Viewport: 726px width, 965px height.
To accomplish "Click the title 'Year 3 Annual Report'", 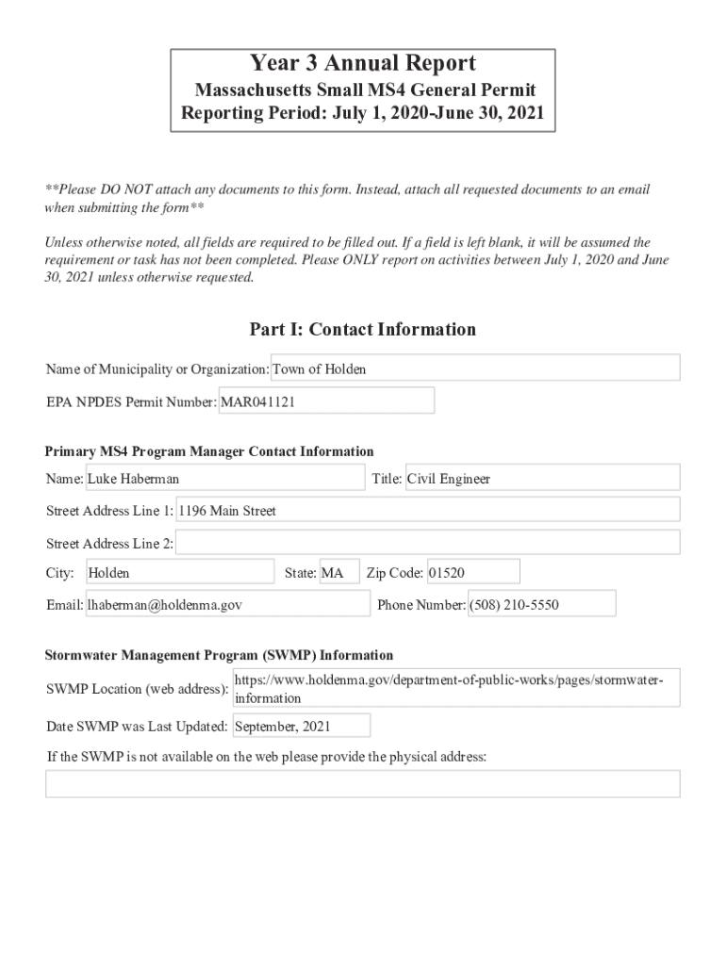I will tap(362, 64).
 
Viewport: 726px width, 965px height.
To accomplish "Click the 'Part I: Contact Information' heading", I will tap(362, 329).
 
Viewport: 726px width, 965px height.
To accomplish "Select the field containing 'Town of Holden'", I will tap(475, 368).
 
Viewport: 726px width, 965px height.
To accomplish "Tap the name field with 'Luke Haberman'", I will tap(224, 478).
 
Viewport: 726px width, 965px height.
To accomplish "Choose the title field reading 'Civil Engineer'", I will tap(541, 478).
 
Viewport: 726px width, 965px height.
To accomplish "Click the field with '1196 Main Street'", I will tap(427, 510).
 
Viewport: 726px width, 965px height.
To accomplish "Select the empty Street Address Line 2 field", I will tap(427, 543).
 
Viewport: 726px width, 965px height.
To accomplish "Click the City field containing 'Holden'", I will tap(179, 572).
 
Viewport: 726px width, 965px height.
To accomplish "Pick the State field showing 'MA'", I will tap(338, 572).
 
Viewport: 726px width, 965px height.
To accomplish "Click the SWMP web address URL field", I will tap(454, 689).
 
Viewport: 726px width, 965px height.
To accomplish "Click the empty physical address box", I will tap(362, 783).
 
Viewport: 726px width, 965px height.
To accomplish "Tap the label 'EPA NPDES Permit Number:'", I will tap(131, 402).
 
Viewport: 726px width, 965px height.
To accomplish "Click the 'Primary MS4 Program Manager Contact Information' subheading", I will tap(209, 451).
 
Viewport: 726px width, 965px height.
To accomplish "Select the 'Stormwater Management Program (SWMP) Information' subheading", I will tap(220, 655).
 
